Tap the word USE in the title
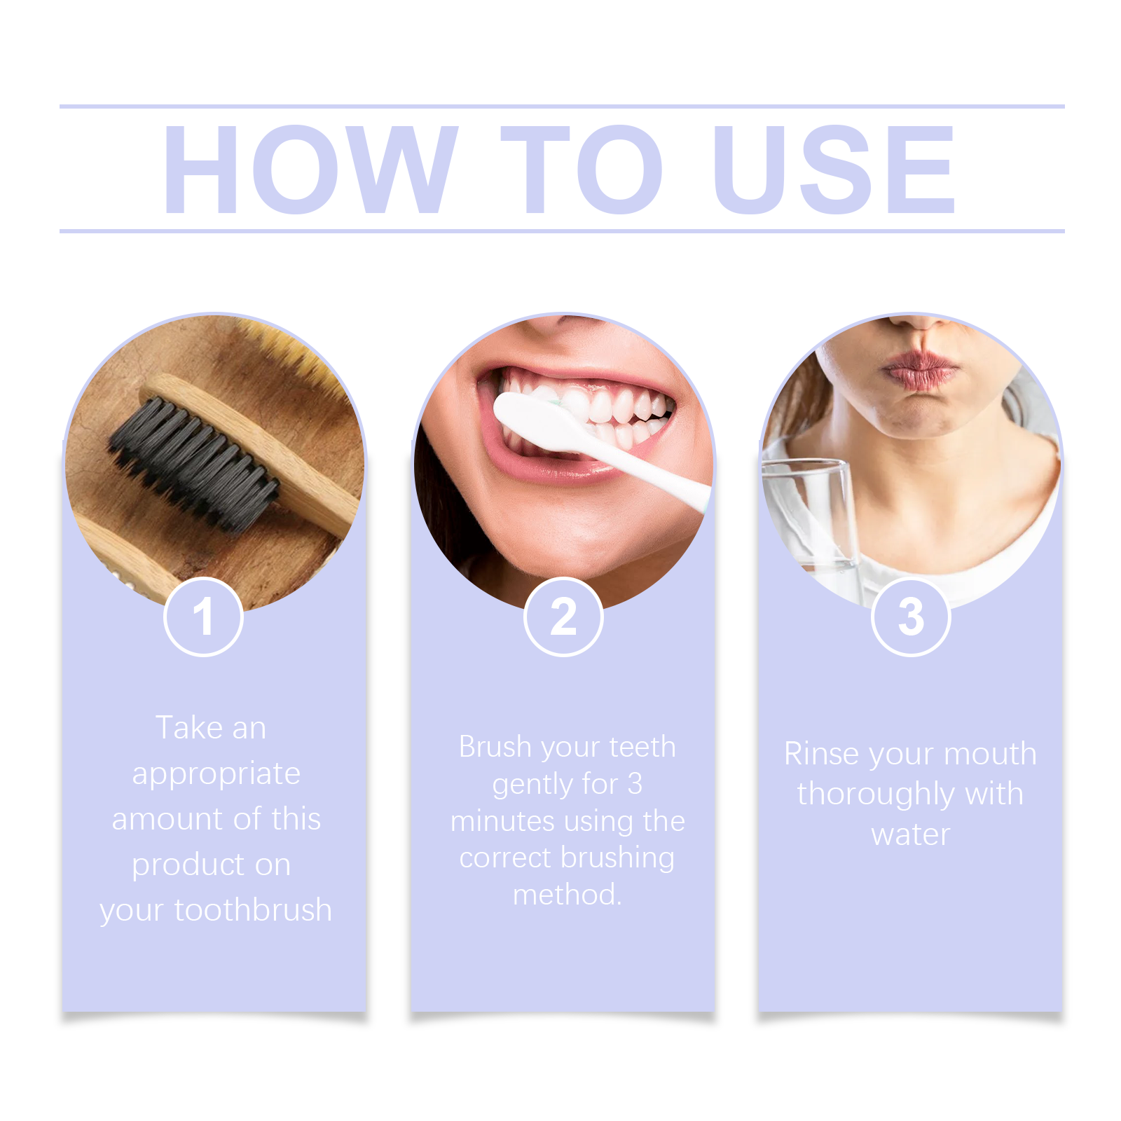834,169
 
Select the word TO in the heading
582,169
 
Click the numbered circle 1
203,617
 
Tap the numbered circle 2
563,617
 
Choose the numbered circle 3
911,617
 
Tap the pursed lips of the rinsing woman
920,371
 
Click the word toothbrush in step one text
253,910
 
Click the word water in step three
911,835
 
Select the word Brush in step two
495,747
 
